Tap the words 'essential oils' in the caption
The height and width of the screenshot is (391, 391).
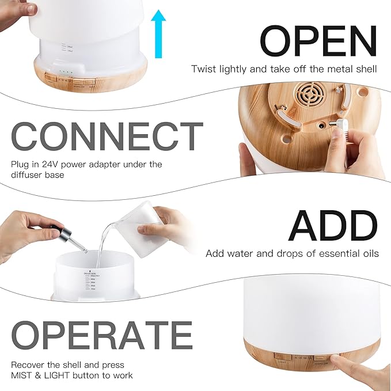click(353, 254)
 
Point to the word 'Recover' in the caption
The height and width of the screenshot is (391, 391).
click(27, 365)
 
